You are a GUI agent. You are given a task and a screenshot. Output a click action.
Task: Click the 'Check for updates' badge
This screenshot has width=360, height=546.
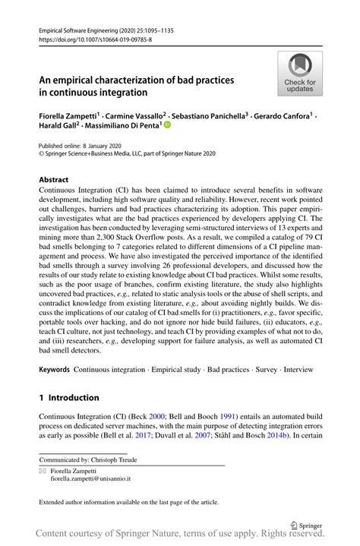coord(300,74)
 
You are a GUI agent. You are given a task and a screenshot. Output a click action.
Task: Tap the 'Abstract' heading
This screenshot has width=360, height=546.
coord(54,181)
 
